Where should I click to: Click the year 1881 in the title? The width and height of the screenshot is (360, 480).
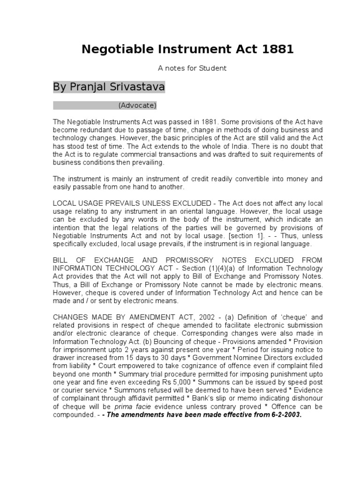277,50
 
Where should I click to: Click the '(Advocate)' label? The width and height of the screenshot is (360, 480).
137,105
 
